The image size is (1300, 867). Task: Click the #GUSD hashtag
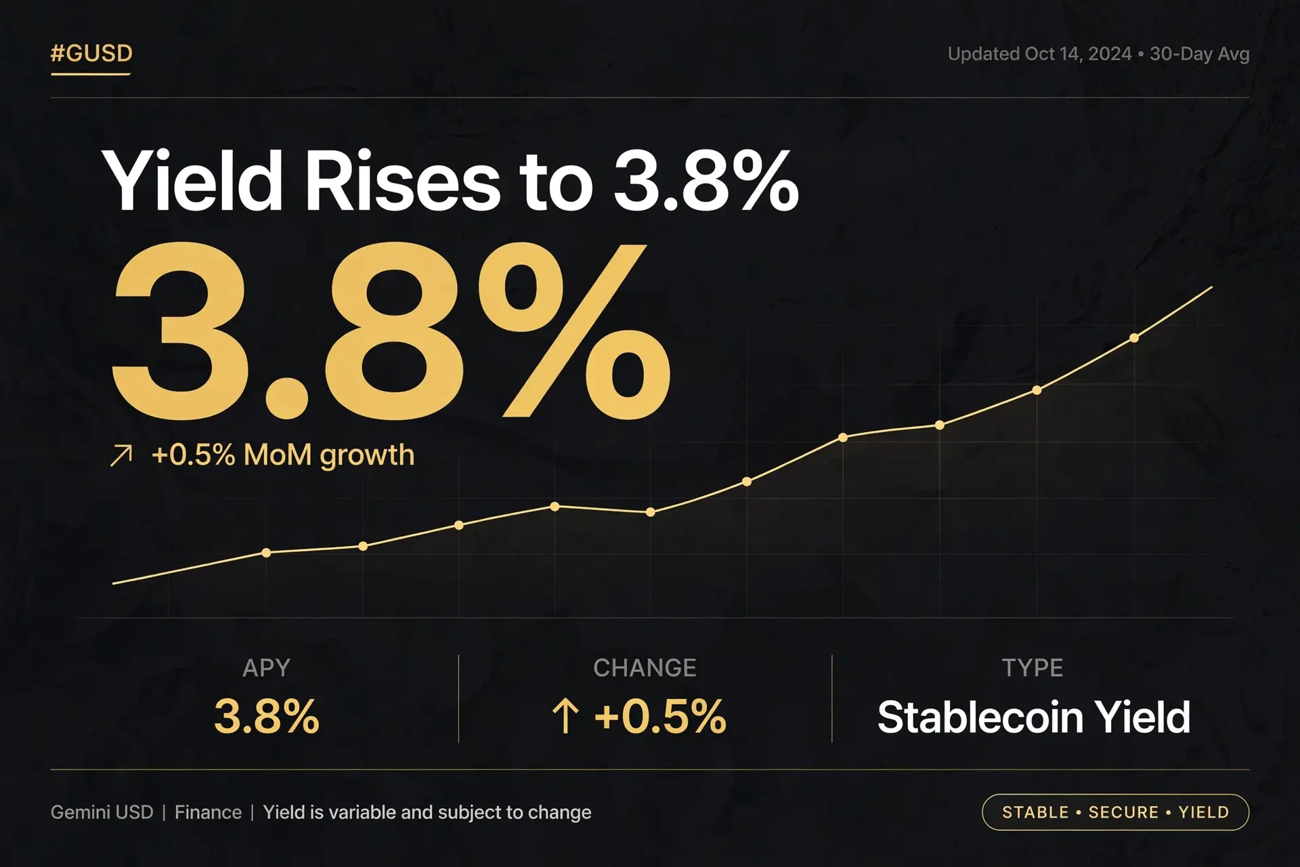91,53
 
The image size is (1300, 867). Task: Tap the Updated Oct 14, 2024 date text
1039,54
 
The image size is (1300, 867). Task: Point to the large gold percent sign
574,331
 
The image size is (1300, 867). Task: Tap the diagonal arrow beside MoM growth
121,455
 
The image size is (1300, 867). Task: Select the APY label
266,668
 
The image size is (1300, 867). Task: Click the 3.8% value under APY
267,717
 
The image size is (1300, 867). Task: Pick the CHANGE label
645,668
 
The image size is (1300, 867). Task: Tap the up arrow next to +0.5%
565,717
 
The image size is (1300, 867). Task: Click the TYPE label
1033,668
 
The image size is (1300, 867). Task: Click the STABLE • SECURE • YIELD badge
1115,812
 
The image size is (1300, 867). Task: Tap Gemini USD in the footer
102,812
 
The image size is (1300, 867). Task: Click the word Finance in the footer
208,812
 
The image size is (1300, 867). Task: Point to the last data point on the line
1134,338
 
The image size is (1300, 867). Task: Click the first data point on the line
266,553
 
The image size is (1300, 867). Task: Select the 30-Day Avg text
1200,54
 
